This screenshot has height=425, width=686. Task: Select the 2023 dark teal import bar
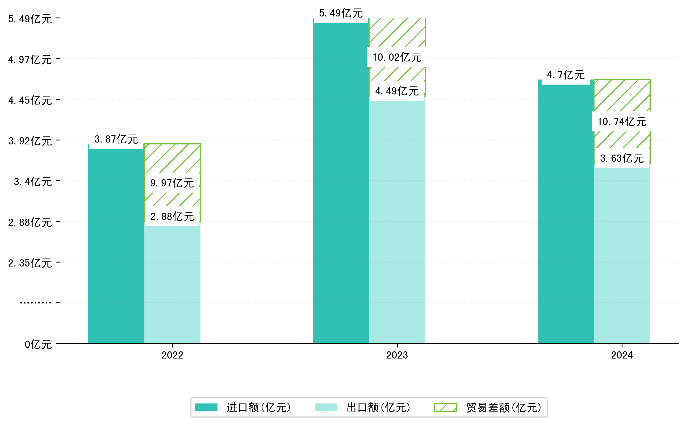[341, 183]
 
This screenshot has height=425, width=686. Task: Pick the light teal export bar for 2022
[172, 284]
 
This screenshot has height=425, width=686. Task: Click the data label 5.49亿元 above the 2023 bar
[341, 13]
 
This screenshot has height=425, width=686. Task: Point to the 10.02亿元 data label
[397, 57]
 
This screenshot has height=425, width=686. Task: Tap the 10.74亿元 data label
[622, 122]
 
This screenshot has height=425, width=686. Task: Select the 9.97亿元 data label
[172, 183]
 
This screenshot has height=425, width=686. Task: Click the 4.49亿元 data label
[397, 91]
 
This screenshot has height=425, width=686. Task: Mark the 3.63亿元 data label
[622, 158]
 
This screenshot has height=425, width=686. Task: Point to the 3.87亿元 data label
[116, 139]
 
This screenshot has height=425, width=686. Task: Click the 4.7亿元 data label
[566, 75]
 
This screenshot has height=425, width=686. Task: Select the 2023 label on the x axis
[397, 355]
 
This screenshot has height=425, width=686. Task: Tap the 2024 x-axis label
[622, 355]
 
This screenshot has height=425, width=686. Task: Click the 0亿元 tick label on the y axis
[38, 344]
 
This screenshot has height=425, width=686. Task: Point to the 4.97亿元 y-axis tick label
[30, 60]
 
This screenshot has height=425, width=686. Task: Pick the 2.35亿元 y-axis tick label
[30, 263]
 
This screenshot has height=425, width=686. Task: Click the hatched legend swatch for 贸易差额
[445, 407]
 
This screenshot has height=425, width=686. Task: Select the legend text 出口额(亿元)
[378, 407]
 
